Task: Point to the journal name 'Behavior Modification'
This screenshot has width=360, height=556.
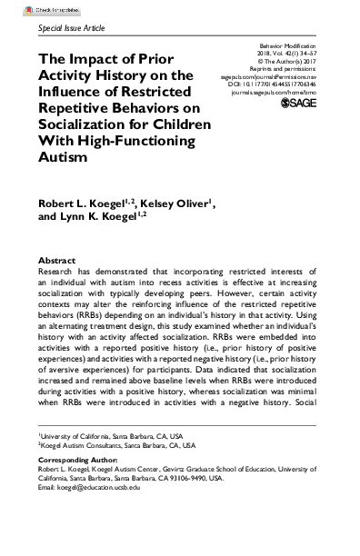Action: click(x=296, y=44)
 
